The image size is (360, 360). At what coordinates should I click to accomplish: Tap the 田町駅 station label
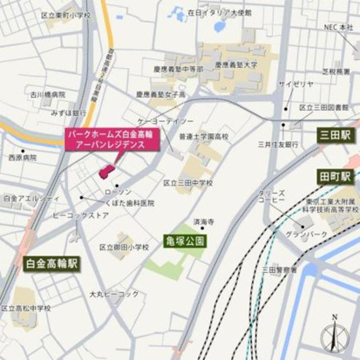[x=334, y=176]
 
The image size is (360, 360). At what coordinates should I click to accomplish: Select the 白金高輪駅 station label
[x=49, y=261]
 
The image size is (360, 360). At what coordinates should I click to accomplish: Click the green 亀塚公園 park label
[x=183, y=240]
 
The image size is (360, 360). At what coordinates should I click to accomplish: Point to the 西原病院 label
[x=23, y=158]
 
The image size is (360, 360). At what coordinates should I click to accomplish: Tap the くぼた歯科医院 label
[x=128, y=203]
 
